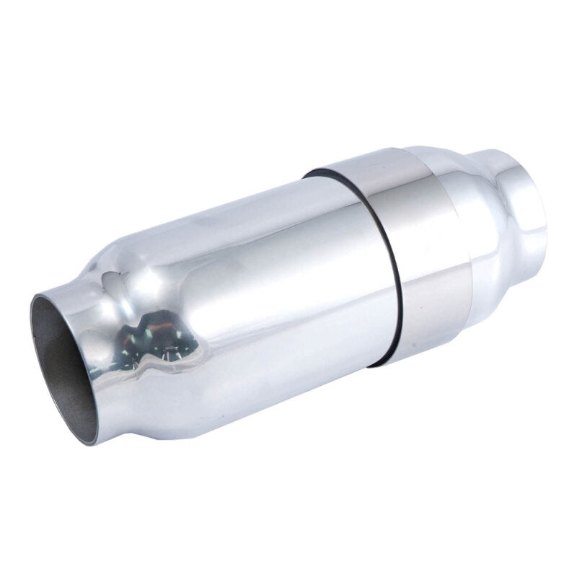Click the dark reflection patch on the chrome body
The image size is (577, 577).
(155, 343)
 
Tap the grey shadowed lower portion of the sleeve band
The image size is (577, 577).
(433, 317)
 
